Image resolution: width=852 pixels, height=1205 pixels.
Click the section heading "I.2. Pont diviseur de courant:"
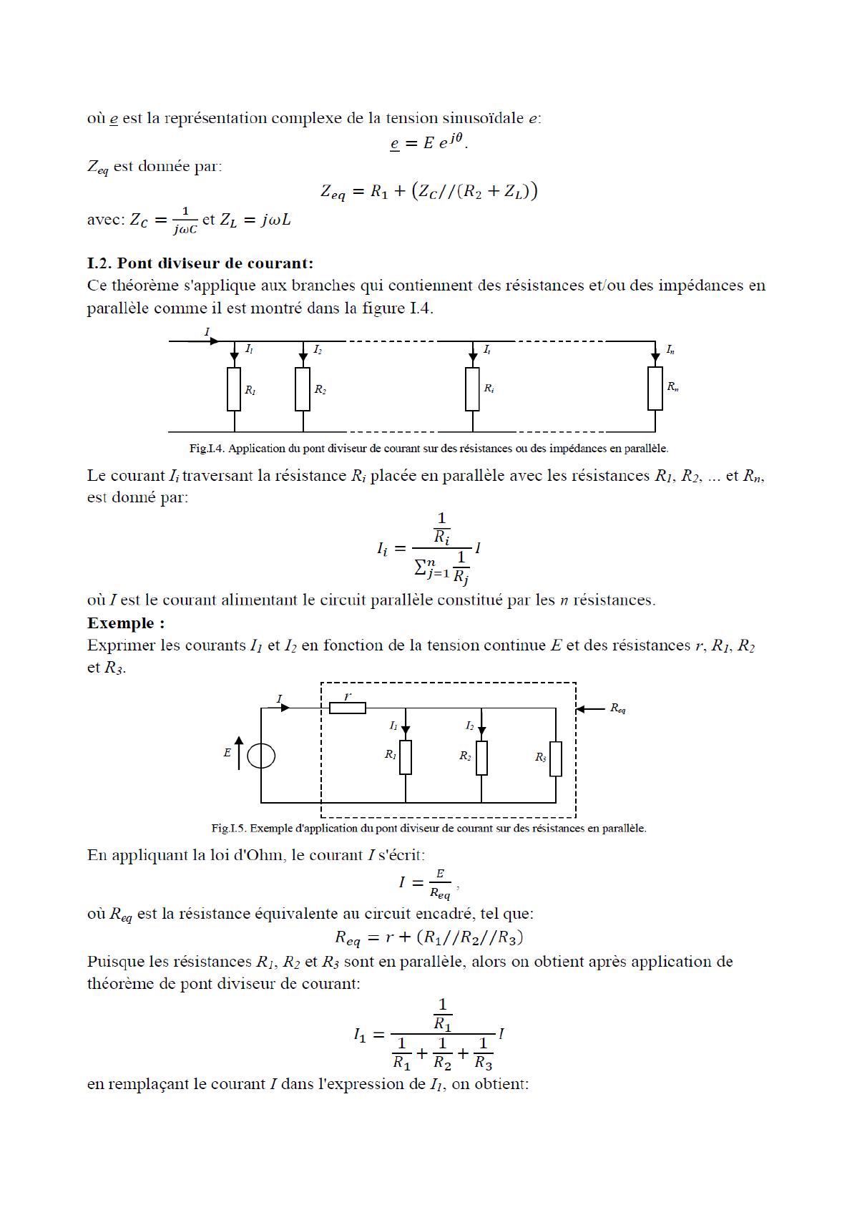[x=200, y=263]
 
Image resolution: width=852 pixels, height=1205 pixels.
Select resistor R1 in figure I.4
[x=234, y=389]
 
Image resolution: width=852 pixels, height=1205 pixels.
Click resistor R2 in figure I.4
[x=303, y=389]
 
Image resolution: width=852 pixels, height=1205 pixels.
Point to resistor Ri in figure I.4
[x=472, y=389]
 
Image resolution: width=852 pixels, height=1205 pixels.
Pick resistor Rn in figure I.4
[x=655, y=389]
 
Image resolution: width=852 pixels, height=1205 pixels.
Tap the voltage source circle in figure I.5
[x=262, y=756]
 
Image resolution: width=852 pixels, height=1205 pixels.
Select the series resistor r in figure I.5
[x=348, y=708]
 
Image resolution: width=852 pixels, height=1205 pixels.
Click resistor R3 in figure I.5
[x=556, y=758]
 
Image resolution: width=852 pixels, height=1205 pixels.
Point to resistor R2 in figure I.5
[x=481, y=758]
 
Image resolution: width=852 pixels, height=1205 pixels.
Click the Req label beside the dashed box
[x=618, y=709]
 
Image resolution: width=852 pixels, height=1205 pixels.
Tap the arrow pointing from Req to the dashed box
[x=590, y=709]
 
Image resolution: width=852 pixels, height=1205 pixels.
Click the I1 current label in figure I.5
[x=393, y=726]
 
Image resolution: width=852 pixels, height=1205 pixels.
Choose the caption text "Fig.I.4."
[x=207, y=449]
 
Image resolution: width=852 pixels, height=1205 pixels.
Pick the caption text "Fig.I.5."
[x=229, y=829]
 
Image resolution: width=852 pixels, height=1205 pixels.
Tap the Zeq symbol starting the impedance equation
[x=333, y=192]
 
